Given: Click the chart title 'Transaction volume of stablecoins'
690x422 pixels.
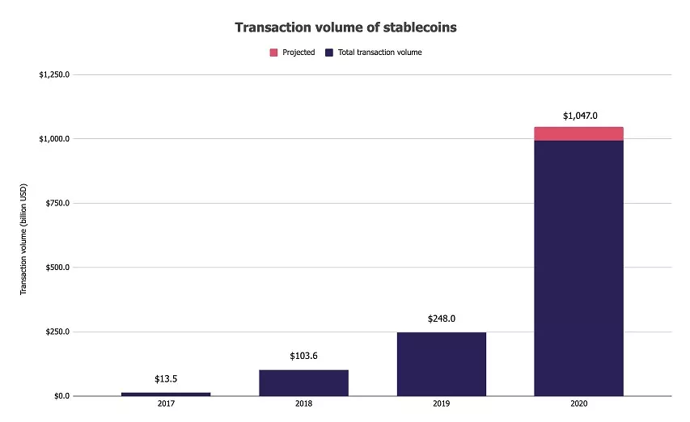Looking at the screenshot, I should click(345, 27).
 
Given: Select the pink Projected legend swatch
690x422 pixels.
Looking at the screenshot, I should click(273, 53).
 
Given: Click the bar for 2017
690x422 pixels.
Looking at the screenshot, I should click(166, 394).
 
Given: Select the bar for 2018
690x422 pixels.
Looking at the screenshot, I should click(303, 382).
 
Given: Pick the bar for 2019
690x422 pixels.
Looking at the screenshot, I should click(441, 364).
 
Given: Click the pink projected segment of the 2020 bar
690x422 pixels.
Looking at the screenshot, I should click(578, 133).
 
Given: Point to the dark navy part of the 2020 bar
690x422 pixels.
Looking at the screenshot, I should click(578, 267).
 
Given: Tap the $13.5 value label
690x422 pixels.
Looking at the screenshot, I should click(166, 378).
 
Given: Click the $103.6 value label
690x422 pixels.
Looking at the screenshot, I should click(303, 356).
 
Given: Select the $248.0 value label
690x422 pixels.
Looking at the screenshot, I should click(441, 319).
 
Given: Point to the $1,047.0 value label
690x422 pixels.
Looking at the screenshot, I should click(579, 116).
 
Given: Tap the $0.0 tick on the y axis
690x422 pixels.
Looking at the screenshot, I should click(60, 396).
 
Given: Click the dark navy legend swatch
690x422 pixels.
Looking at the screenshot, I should click(328, 53).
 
